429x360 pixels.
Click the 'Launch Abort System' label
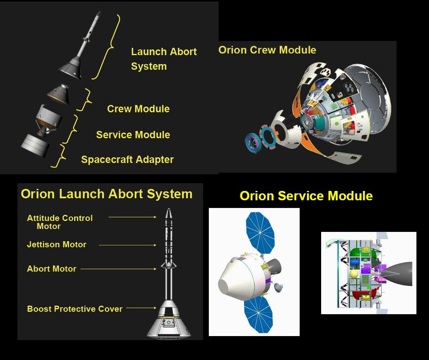[163, 59]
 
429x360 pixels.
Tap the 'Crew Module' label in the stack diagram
[138, 109]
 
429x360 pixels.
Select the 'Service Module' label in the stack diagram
[133, 135]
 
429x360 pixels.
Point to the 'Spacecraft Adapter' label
[127, 159]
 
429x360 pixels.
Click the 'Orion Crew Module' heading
[267, 50]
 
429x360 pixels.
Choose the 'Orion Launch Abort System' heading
[107, 194]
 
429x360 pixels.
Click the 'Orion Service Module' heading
[306, 196]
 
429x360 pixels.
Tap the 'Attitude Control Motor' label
[60, 222]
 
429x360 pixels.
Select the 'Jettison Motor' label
[57, 244]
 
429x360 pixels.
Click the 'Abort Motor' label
[51, 269]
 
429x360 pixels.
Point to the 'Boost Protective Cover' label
[75, 309]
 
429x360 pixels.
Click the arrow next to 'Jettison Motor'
[127, 245]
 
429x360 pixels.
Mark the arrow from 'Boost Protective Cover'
[141, 308]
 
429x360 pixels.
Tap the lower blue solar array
[258, 314]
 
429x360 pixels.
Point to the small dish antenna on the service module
[279, 287]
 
